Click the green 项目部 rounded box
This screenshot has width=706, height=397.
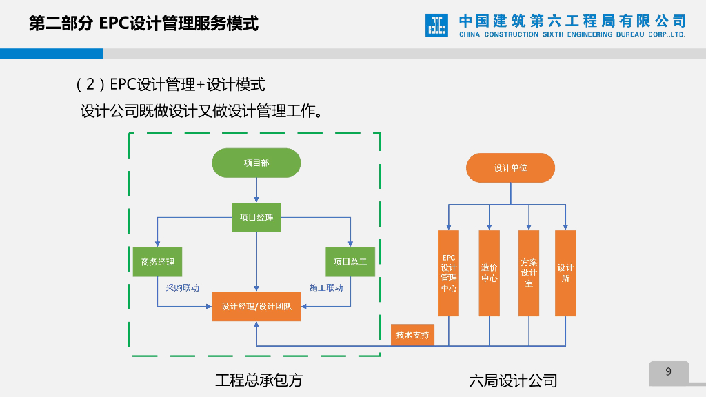(x=256, y=163)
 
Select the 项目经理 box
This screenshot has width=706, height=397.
(x=256, y=217)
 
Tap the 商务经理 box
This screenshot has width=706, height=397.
(x=157, y=262)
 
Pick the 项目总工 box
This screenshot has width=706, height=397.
(x=350, y=262)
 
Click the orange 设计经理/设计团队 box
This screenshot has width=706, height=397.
(x=256, y=306)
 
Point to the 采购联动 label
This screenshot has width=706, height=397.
(x=182, y=287)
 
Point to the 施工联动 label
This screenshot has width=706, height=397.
(x=326, y=287)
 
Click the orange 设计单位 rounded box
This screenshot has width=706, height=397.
(x=510, y=167)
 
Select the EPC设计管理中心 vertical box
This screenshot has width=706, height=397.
(x=449, y=273)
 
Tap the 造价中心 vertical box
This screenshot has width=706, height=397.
(x=489, y=273)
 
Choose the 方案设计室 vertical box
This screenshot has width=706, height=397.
(x=529, y=273)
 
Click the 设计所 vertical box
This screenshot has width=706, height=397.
(x=565, y=273)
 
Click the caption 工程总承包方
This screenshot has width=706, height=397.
(x=259, y=380)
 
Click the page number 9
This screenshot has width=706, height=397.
(x=668, y=372)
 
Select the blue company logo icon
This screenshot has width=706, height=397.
(x=436, y=25)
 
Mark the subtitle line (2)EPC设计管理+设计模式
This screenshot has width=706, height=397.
(x=170, y=85)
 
